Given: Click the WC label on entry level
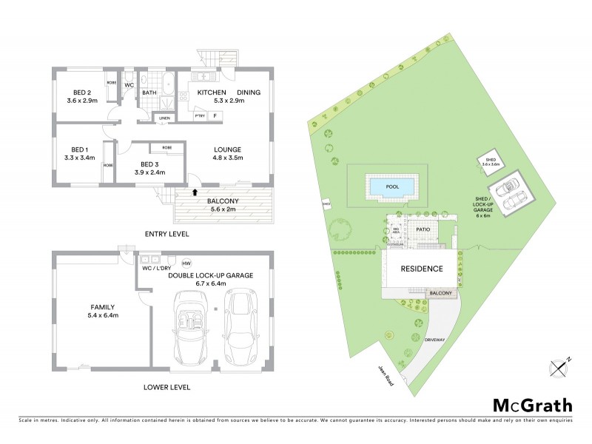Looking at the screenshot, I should click(x=129, y=85).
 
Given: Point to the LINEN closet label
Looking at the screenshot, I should click(x=164, y=118).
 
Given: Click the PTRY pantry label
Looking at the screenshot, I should click(x=200, y=116).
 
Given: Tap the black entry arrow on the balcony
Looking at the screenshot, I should click(x=195, y=192).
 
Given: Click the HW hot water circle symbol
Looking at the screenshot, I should click(x=186, y=263).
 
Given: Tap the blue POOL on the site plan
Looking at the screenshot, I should click(x=392, y=187).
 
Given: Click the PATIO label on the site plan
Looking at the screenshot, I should click(x=423, y=230).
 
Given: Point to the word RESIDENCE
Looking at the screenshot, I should click(x=422, y=269).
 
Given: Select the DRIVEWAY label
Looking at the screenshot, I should click(x=434, y=339).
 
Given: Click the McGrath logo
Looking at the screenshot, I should click(x=533, y=405).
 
